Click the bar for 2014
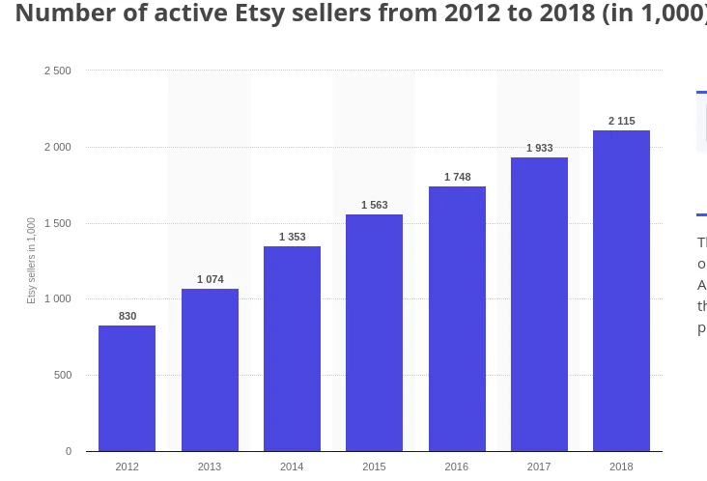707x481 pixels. coord(292,349)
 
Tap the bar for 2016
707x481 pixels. coord(457,319)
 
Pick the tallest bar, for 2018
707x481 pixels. coord(621,291)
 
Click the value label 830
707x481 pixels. coord(127,316)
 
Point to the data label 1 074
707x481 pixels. coord(210,279)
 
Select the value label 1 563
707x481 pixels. coord(375,205)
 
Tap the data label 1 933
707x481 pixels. coord(540,148)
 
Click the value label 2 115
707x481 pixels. coord(621,121)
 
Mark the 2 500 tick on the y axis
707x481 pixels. coord(58,71)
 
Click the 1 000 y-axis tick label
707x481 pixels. coord(58,299)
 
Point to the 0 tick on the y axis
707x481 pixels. coord(68,451)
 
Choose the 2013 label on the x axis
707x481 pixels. coord(210,467)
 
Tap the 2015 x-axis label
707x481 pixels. coord(375,467)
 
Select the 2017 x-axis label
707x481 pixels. coord(539,467)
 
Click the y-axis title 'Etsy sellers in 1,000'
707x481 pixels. coord(31,261)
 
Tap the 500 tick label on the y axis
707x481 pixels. coord(62,376)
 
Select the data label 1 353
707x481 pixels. coord(293,237)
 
